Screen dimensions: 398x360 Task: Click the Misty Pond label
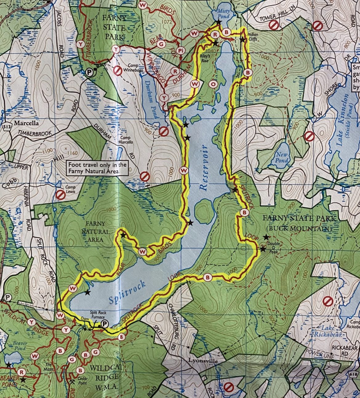[x=223, y=14]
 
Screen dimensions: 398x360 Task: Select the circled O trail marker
[x=214, y=83]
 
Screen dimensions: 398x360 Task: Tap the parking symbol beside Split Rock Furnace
[x=105, y=323]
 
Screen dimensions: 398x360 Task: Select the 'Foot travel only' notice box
[x=98, y=168]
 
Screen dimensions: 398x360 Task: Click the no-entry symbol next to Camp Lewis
[x=60, y=195]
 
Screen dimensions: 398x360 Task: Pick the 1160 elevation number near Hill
[x=74, y=153]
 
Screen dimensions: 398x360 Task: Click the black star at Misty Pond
[x=218, y=22]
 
